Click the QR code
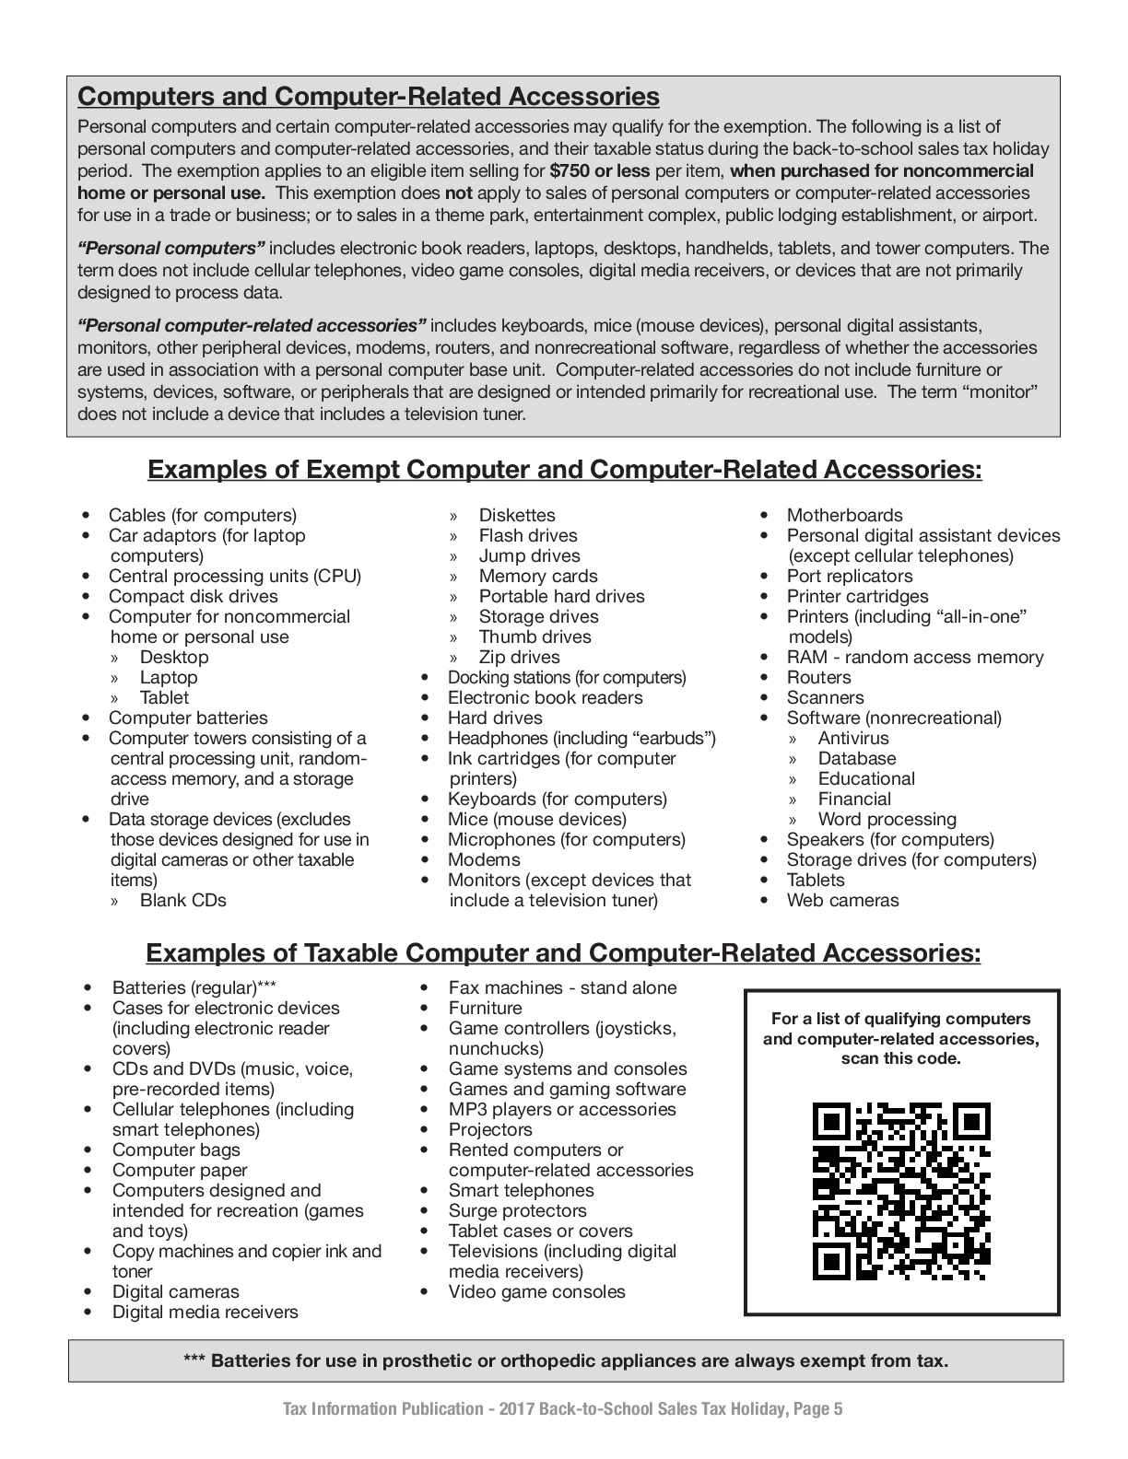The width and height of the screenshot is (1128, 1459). [x=901, y=1191]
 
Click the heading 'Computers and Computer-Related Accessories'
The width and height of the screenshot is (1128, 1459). [x=369, y=97]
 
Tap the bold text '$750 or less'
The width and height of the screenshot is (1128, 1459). [x=599, y=171]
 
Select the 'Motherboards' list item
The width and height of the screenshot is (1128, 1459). [x=844, y=515]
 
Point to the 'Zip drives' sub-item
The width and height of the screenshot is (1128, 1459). [x=519, y=657]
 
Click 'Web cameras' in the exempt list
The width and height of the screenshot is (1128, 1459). [x=842, y=900]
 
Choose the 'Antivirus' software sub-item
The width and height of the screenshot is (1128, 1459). [x=853, y=738]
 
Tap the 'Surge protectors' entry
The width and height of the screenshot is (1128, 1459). [x=517, y=1210]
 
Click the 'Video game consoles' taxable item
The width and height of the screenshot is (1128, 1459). [x=536, y=1291]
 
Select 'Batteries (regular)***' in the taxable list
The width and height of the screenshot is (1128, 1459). [x=194, y=987]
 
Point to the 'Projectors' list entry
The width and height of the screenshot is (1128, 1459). [x=490, y=1129]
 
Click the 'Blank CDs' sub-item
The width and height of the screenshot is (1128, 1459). [x=182, y=900]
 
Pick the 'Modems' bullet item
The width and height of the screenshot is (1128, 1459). [x=484, y=859]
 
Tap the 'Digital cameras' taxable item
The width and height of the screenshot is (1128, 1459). [x=175, y=1291]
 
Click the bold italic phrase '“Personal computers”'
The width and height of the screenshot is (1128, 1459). [x=171, y=249]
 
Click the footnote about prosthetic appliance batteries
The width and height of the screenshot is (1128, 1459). [x=566, y=1360]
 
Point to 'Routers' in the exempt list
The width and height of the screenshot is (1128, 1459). [x=818, y=677]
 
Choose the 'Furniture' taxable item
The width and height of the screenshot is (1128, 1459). [x=485, y=1008]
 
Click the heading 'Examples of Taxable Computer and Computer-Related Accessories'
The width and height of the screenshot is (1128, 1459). [x=563, y=952]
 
